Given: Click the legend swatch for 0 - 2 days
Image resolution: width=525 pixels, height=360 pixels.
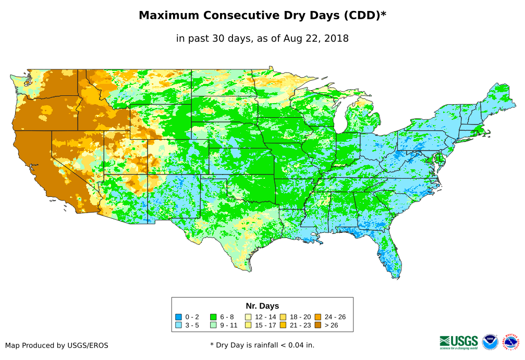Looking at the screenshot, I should (178, 317).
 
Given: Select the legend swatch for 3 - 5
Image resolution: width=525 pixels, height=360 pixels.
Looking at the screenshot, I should (178, 325).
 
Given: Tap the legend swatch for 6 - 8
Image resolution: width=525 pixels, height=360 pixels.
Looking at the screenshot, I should (213, 317).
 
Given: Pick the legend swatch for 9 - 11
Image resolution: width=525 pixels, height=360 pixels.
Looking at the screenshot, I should (213, 325).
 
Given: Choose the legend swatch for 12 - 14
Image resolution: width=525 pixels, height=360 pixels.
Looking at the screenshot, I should (248, 317).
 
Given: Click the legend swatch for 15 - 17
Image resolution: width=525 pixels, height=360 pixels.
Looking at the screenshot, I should (248, 325).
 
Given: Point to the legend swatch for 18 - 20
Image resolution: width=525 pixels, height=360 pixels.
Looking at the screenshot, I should (283, 317).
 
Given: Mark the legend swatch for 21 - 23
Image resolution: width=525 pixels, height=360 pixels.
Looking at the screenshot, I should (283, 325).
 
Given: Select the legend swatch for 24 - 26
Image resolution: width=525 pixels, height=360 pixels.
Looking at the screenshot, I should (318, 317).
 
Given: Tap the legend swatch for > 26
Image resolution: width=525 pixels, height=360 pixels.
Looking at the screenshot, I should (318, 325).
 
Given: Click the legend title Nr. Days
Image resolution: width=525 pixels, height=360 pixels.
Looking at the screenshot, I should (262, 306).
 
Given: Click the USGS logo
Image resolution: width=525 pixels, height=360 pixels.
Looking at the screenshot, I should (459, 342).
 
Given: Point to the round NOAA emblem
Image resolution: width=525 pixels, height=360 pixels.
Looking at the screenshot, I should (490, 342).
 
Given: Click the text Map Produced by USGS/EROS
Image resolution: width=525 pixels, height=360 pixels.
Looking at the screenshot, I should (57, 345).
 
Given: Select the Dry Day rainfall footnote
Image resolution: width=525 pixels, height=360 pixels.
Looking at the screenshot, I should (262, 345).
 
